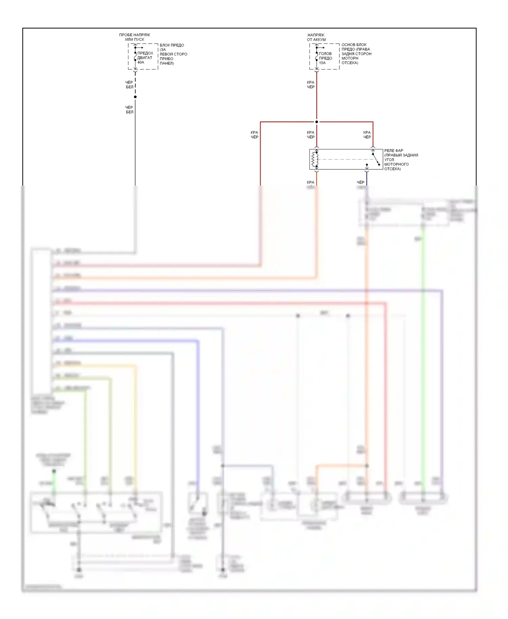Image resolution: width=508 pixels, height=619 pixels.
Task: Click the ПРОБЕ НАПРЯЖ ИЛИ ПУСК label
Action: (x=134, y=37)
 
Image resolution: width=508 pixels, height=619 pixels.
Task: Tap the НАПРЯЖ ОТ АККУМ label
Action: (x=316, y=37)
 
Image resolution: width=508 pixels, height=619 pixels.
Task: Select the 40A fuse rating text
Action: (x=141, y=62)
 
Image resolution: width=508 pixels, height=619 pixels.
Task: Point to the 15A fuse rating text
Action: (x=322, y=63)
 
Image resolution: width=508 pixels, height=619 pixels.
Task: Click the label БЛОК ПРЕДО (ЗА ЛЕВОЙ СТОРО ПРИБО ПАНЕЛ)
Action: (x=173, y=54)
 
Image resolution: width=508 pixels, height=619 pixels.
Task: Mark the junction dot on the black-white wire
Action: (x=135, y=97)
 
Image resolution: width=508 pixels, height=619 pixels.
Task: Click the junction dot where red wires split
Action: (x=317, y=122)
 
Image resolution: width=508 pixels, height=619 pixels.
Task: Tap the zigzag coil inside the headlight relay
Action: (x=314, y=159)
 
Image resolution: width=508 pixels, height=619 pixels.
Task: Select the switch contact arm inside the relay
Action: (x=376, y=159)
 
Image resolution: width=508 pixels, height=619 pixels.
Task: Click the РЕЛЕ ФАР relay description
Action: (x=401, y=159)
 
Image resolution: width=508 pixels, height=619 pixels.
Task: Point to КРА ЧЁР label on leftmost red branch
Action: (x=254, y=135)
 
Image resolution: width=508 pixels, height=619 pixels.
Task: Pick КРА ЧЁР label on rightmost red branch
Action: (x=367, y=135)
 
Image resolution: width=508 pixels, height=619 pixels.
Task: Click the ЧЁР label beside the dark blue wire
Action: (x=360, y=182)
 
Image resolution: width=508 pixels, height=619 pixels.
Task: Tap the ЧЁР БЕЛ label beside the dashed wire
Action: (x=129, y=85)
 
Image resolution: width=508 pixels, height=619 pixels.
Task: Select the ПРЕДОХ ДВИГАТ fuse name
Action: (x=145, y=55)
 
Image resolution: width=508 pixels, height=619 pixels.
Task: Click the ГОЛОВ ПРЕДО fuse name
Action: (x=325, y=56)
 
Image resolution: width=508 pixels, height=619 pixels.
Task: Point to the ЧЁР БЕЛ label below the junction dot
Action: (x=129, y=110)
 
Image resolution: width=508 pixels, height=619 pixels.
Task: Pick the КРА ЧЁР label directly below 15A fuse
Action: (x=311, y=85)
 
